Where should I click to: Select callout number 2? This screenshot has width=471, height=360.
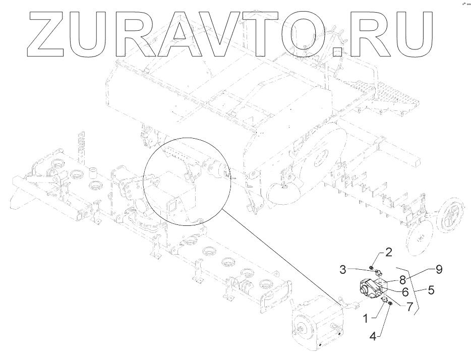point(389,251)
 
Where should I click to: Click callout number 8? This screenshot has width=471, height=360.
point(403,278)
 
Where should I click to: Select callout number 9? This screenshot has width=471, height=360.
point(439,269)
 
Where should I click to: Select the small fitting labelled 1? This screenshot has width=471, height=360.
point(383,302)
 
